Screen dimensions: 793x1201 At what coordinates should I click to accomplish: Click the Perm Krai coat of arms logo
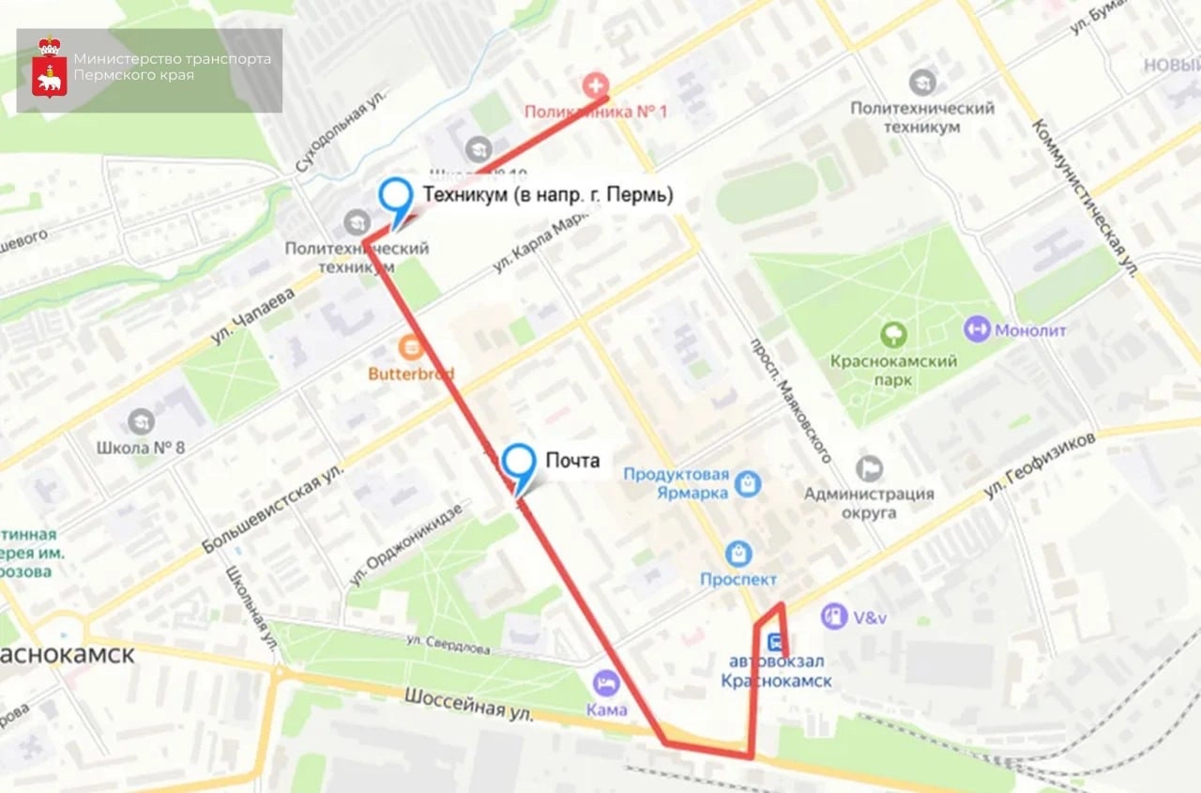49,69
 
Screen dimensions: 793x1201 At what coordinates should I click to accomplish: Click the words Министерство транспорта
172,59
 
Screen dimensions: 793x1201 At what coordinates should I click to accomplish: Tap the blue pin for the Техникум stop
396,199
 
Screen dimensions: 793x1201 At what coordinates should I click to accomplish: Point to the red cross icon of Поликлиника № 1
595,86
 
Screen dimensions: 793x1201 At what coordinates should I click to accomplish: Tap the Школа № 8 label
141,447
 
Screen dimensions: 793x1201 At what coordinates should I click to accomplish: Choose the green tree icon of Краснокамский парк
893,334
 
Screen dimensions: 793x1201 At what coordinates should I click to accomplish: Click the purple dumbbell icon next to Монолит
977,329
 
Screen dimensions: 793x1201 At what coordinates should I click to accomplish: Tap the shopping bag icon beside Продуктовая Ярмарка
748,483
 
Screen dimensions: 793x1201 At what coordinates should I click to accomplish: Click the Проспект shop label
738,579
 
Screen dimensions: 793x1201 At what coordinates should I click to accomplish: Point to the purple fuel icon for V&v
833,617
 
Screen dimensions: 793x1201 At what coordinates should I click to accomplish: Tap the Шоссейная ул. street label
469,706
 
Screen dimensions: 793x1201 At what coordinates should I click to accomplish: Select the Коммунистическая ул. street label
1085,198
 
